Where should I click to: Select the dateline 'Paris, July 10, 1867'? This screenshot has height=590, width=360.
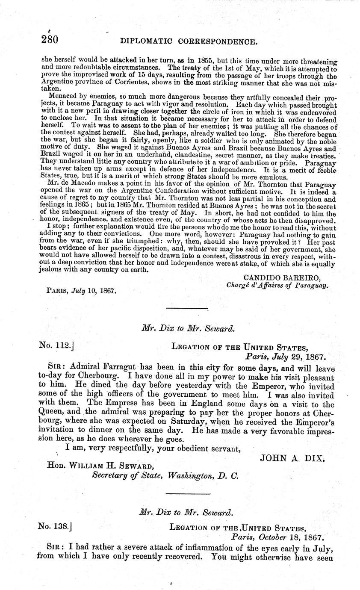click(x=81, y=290)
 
